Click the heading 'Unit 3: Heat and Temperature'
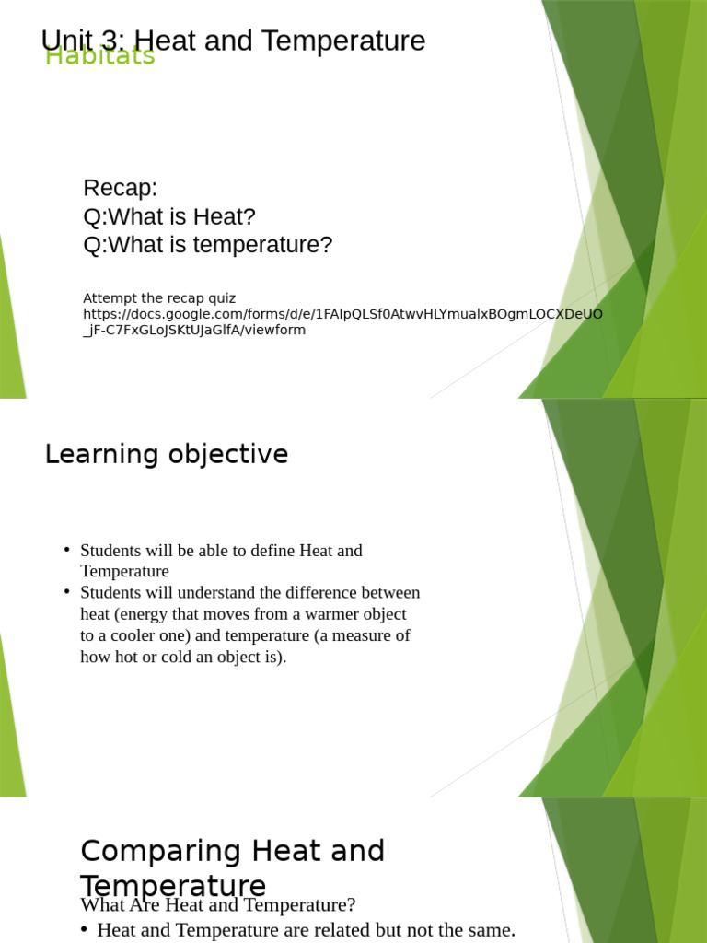[x=234, y=41]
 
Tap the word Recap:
[x=121, y=189]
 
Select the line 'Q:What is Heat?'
[x=169, y=217]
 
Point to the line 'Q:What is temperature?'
[x=207, y=246]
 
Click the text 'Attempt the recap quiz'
[x=159, y=298]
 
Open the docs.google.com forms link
[x=342, y=314]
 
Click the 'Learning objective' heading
[x=167, y=455]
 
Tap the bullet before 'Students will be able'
[x=66, y=550]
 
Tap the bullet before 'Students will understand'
[x=66, y=592]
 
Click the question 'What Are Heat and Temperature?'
[x=218, y=905]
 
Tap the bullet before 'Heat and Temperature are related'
[x=84, y=930]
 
